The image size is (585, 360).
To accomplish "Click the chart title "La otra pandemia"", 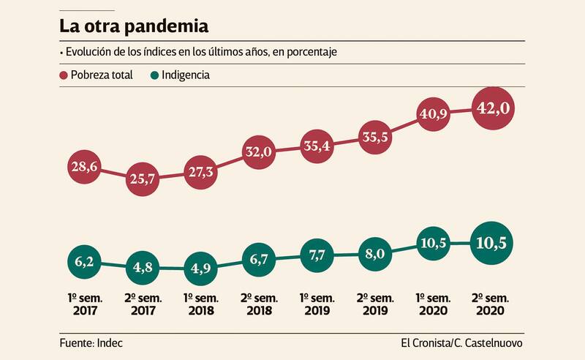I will (x=134, y=27).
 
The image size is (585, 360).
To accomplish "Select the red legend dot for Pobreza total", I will (x=64, y=75).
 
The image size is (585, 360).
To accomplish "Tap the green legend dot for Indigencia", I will (x=155, y=75).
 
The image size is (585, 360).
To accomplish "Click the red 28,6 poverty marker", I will (x=84, y=167).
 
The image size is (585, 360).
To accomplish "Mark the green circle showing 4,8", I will (x=143, y=269).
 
